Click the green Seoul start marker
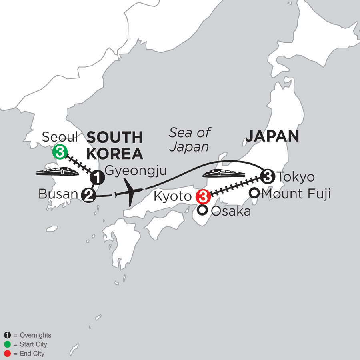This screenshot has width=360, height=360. coord(59,152)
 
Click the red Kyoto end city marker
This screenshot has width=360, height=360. coord(202,197)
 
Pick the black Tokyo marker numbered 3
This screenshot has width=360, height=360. coord(267,176)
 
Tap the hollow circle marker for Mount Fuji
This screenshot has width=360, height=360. coord(254,194)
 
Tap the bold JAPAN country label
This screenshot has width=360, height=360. coord(272,136)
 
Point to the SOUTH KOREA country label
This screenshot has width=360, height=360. coord(115,145)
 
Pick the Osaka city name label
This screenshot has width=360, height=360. coord(230,212)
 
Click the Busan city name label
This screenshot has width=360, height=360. coord(58,195)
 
